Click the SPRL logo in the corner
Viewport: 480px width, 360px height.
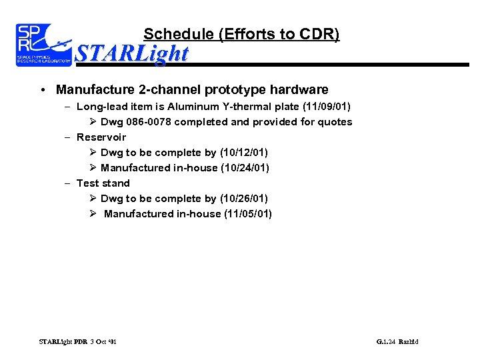point(43,44)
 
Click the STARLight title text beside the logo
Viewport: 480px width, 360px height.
point(132,53)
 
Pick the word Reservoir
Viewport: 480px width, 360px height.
point(101,137)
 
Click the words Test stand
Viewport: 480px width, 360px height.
point(103,183)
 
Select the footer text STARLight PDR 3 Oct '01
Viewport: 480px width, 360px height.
point(78,342)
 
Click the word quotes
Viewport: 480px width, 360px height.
point(337,122)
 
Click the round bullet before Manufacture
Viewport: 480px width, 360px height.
point(42,90)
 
